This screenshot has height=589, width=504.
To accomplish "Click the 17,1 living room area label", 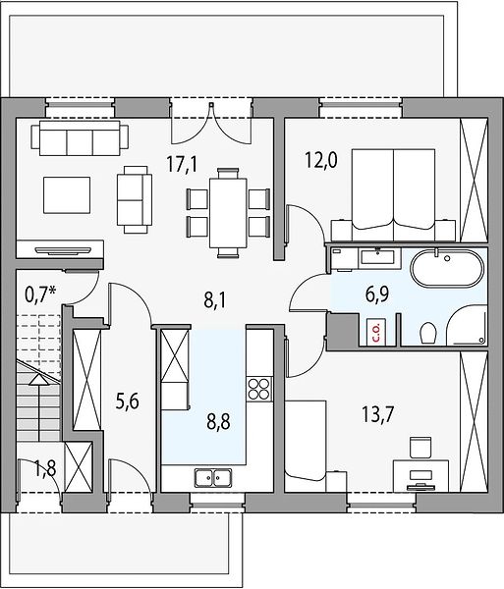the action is (182, 165).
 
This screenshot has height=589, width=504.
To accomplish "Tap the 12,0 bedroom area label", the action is (321, 161).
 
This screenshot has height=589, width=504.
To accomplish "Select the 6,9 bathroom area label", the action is (377, 294).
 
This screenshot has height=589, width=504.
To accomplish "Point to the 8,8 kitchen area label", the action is (218, 421).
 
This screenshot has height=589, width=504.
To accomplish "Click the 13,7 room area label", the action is (377, 415).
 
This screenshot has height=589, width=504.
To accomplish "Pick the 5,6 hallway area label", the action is (128, 402).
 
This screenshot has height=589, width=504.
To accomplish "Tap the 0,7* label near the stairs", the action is (41, 294).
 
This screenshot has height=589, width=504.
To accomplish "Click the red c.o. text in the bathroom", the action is (376, 333).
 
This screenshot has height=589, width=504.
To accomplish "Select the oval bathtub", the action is (446, 268).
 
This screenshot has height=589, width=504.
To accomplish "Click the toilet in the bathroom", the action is (428, 333).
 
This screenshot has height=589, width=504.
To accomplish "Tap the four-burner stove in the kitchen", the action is (259, 388).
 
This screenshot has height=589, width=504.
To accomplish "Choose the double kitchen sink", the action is (213, 477).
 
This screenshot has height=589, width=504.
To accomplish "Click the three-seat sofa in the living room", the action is (80, 137).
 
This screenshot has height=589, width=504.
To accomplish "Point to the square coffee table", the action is (67, 195).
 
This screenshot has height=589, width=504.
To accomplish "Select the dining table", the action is (228, 213).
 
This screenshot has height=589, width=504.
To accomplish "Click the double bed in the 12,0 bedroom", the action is (393, 189).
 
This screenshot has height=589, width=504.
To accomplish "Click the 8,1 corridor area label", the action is (215, 301).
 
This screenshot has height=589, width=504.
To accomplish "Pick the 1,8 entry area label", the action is (45, 469).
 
